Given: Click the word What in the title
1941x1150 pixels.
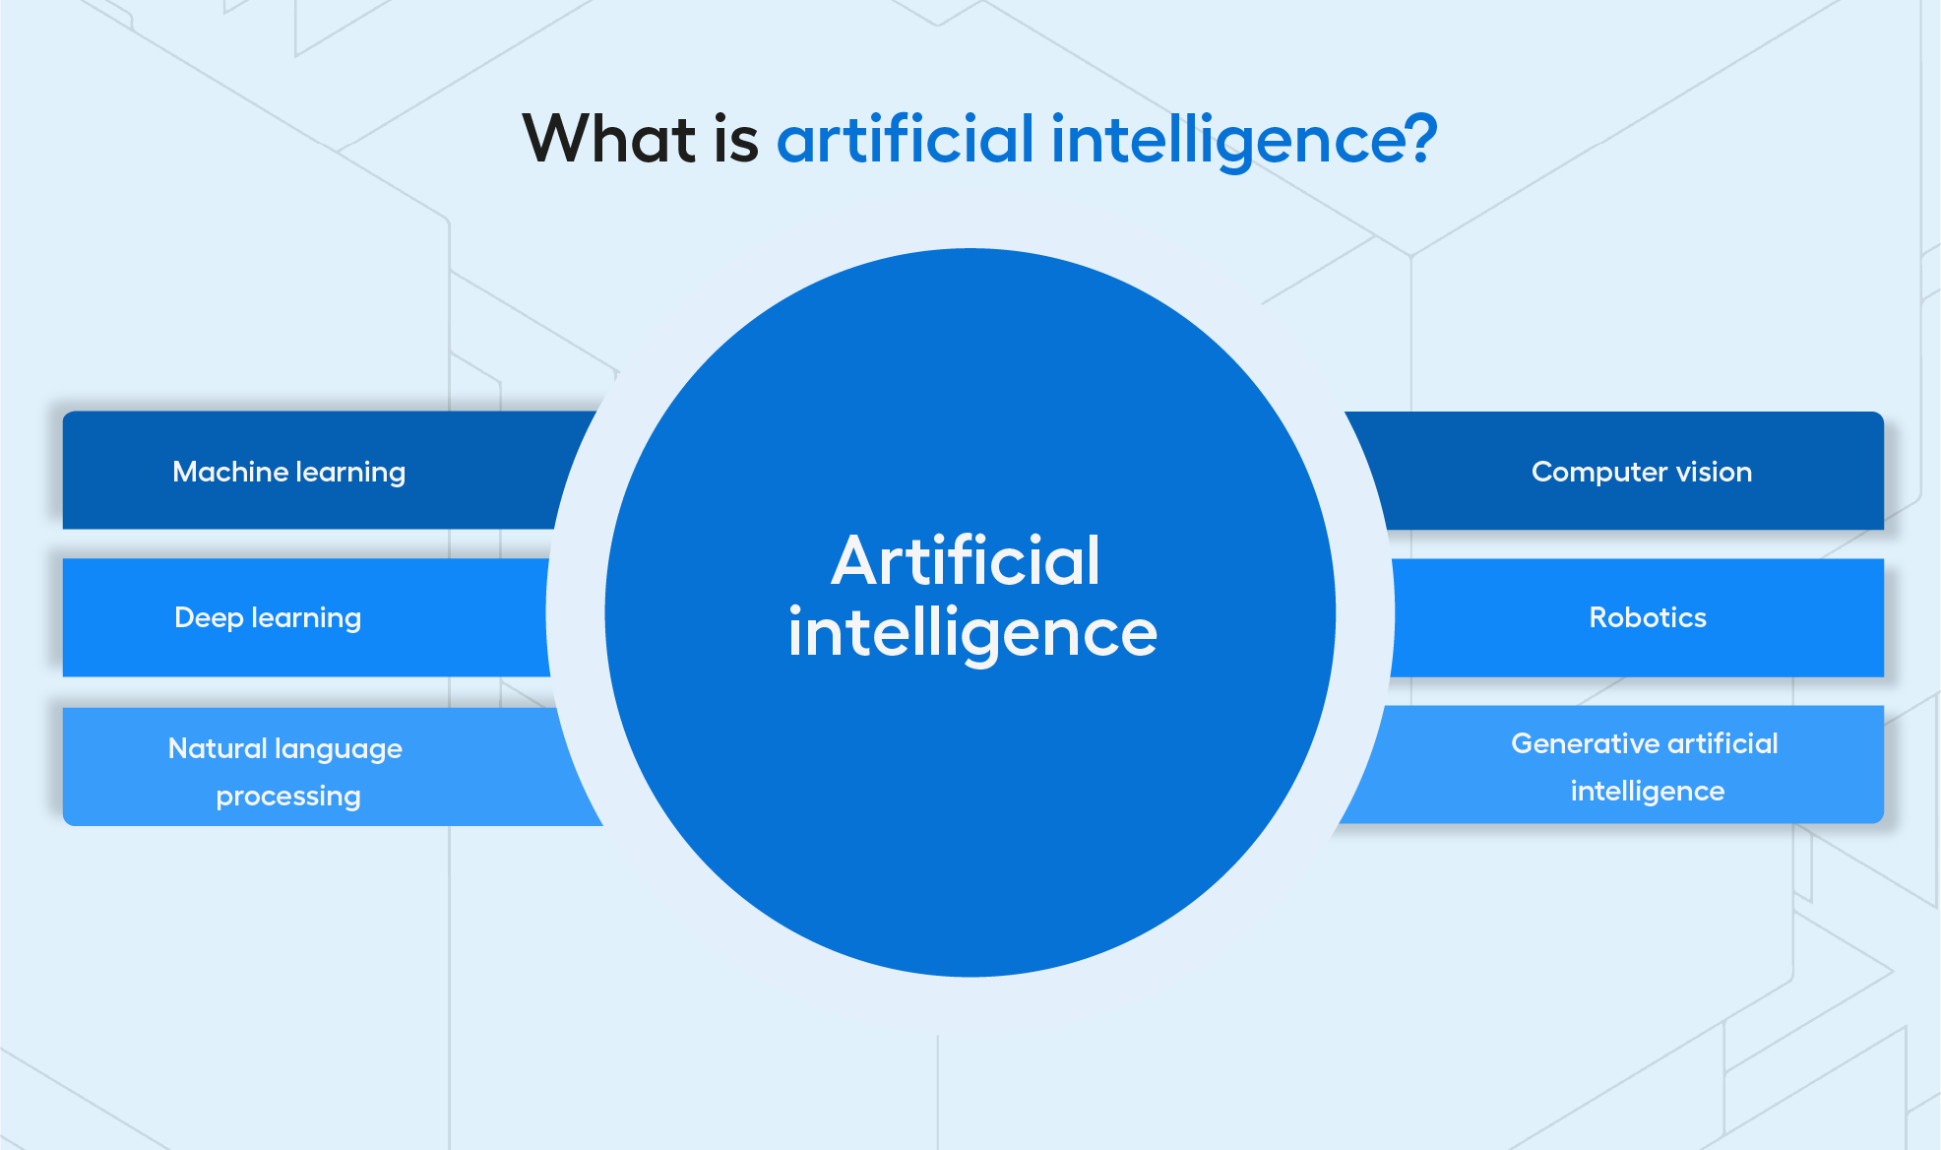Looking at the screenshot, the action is coord(609,138).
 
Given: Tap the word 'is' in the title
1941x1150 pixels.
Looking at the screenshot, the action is coord(736,138).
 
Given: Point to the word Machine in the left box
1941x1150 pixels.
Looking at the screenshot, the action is coord(230,472).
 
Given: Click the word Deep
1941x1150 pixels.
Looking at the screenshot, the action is coord(209,618).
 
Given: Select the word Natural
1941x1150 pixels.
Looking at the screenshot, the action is coord(218,748).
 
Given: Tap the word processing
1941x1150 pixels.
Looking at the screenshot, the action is coord(288,797).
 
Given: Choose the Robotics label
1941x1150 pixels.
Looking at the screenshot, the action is coord(1648,617).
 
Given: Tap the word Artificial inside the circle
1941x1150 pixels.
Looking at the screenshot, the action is coord(966,560).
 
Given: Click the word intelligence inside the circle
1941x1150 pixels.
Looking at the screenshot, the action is coord(972,633).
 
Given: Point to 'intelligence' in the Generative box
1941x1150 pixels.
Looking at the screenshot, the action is coord(1648,792).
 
